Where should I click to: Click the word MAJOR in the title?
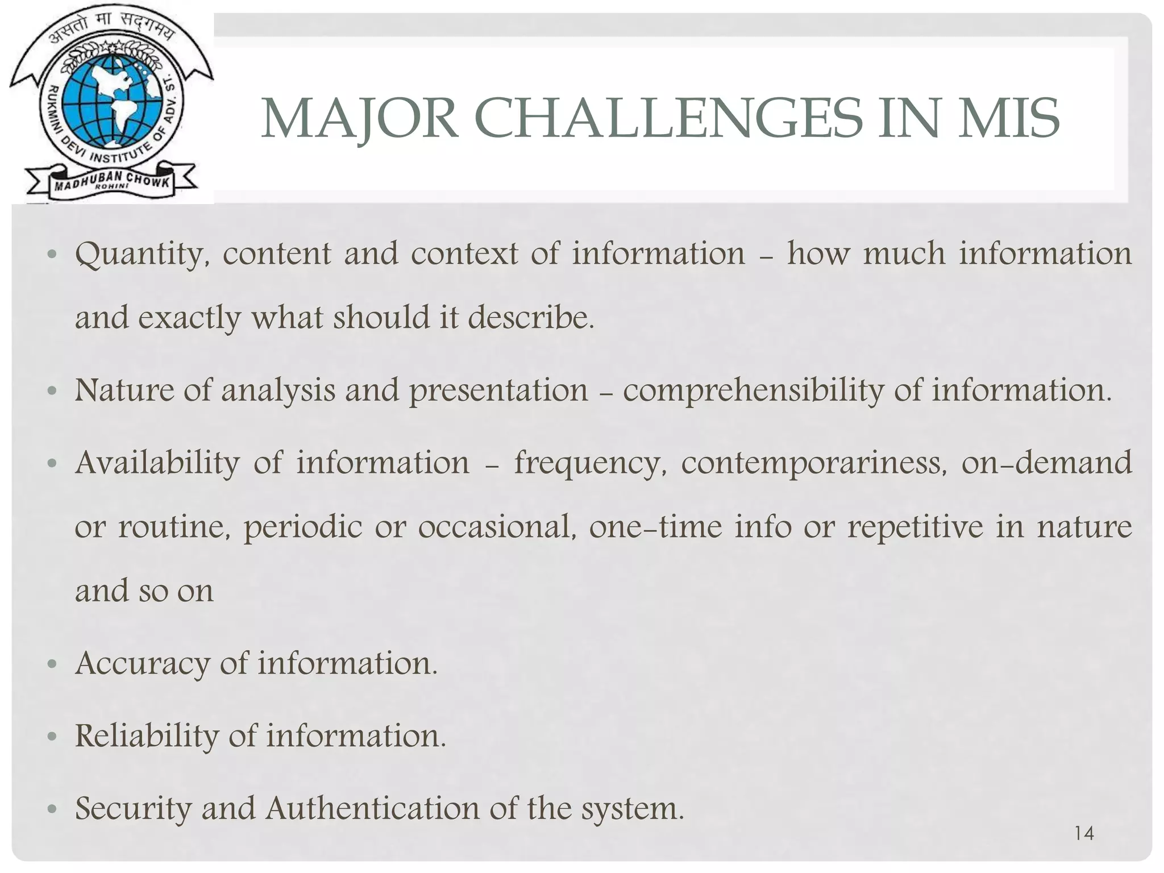360,118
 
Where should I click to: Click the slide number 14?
1084,833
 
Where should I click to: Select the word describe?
531,317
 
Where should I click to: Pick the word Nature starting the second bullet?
124,390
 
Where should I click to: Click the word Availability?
157,463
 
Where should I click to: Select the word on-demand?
1046,463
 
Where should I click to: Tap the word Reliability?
147,736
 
